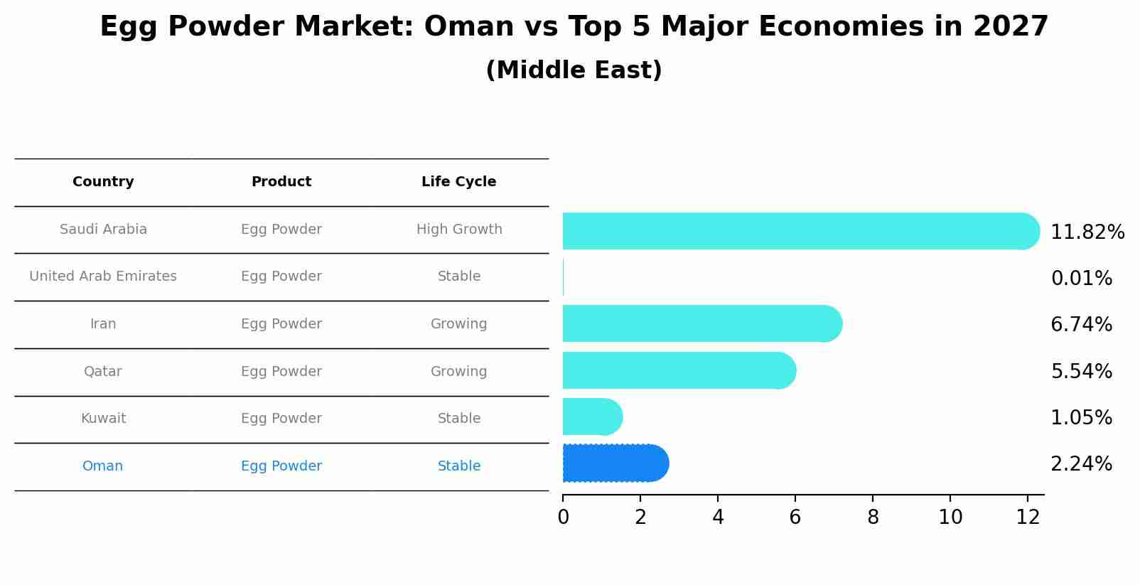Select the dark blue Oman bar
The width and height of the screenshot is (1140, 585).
(x=615, y=463)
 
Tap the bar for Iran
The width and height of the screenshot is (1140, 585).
(x=701, y=323)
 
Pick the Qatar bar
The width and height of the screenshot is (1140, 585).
(x=679, y=370)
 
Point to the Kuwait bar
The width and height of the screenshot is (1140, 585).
(x=592, y=417)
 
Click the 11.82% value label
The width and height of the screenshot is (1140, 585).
(x=1087, y=232)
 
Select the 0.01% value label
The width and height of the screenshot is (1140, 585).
(x=1081, y=279)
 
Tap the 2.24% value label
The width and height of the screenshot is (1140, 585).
(x=1081, y=464)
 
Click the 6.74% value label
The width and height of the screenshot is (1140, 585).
(x=1081, y=325)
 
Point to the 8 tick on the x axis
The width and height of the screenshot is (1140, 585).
(x=873, y=517)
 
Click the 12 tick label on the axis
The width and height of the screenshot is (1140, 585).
(x=1028, y=517)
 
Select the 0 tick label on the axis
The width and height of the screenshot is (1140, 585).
(x=563, y=517)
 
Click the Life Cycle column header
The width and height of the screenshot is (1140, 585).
(x=458, y=182)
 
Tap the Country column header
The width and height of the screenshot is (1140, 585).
(x=103, y=182)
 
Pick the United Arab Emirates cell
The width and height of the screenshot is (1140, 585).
(x=103, y=277)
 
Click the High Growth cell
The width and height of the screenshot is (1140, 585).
(x=458, y=230)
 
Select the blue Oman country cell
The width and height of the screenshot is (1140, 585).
(x=102, y=466)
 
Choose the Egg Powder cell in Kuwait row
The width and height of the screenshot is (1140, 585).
(x=281, y=419)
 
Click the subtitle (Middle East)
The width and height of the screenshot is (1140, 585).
(x=574, y=70)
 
